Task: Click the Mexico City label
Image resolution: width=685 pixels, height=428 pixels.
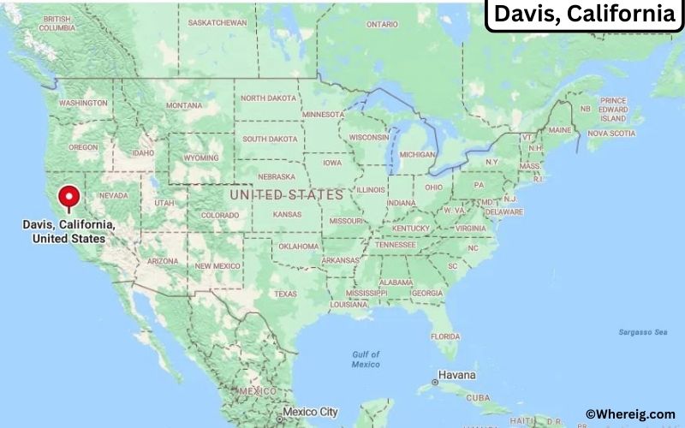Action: (x=312, y=412)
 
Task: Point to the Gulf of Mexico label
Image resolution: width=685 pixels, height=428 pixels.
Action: (x=366, y=359)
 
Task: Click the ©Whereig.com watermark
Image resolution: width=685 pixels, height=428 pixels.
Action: (x=629, y=414)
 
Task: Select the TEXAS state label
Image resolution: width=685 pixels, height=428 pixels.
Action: (x=285, y=294)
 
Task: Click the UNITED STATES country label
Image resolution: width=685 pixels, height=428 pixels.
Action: (x=287, y=195)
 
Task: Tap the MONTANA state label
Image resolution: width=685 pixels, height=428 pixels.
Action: (x=184, y=105)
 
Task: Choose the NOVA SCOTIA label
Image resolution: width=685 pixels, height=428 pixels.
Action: (x=611, y=133)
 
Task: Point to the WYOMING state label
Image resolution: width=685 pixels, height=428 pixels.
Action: (x=201, y=158)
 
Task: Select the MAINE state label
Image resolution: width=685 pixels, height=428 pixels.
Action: (x=560, y=130)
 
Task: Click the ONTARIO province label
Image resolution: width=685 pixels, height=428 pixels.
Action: (x=383, y=25)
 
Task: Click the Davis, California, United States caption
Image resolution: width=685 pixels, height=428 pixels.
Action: (x=69, y=231)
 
